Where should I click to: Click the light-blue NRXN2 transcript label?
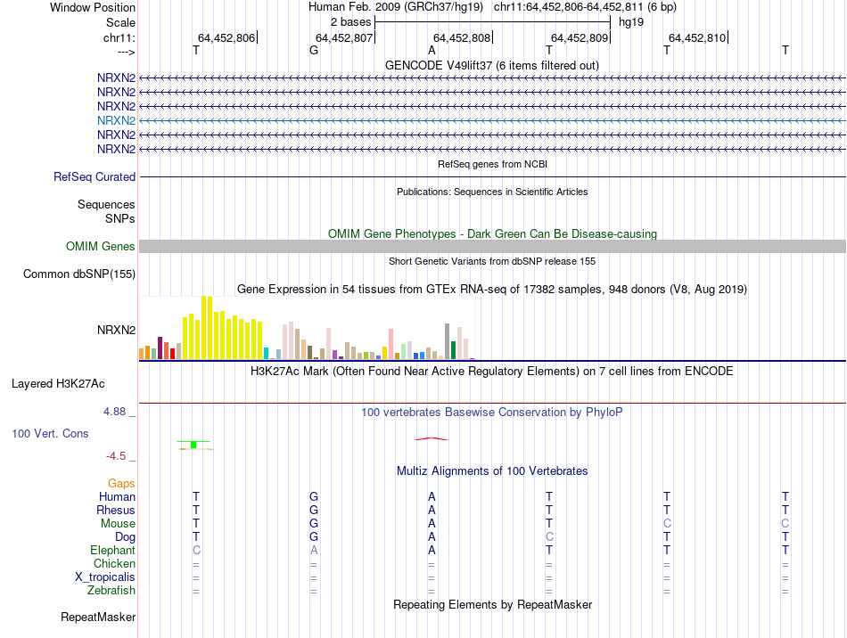(116, 120)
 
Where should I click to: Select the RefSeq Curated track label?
(95, 177)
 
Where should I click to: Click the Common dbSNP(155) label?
(79, 274)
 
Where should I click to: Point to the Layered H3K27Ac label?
(58, 384)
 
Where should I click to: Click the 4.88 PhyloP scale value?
(115, 412)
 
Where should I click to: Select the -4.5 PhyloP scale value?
(117, 456)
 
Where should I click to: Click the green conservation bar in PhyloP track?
(193, 445)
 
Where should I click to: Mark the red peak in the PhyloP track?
(432, 438)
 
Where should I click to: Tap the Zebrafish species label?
(111, 590)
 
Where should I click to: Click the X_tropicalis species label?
(105, 577)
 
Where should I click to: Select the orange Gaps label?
(121, 483)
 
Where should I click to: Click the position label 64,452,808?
(462, 38)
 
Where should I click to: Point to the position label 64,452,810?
(697, 38)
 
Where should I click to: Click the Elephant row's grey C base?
(196, 551)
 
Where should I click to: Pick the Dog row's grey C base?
(549, 537)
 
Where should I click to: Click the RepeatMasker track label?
(98, 617)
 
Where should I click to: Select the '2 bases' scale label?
(349, 20)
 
